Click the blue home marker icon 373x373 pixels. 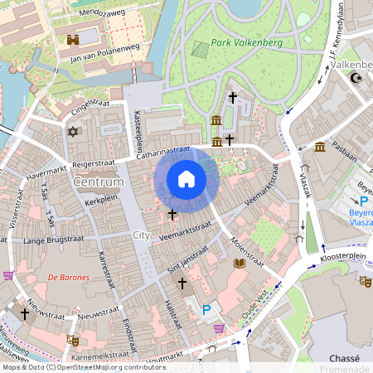tap(186, 179)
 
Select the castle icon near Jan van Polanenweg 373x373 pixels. tap(72, 40)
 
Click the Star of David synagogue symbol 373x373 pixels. tap(72, 131)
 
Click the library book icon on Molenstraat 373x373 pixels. tap(240, 264)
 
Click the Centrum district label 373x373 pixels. tap(98, 182)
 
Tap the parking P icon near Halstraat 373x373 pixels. tap(206, 310)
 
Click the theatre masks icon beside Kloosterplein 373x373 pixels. tap(365, 281)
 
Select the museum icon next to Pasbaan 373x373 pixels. tap(319, 148)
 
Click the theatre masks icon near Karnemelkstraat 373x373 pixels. tap(74, 339)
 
